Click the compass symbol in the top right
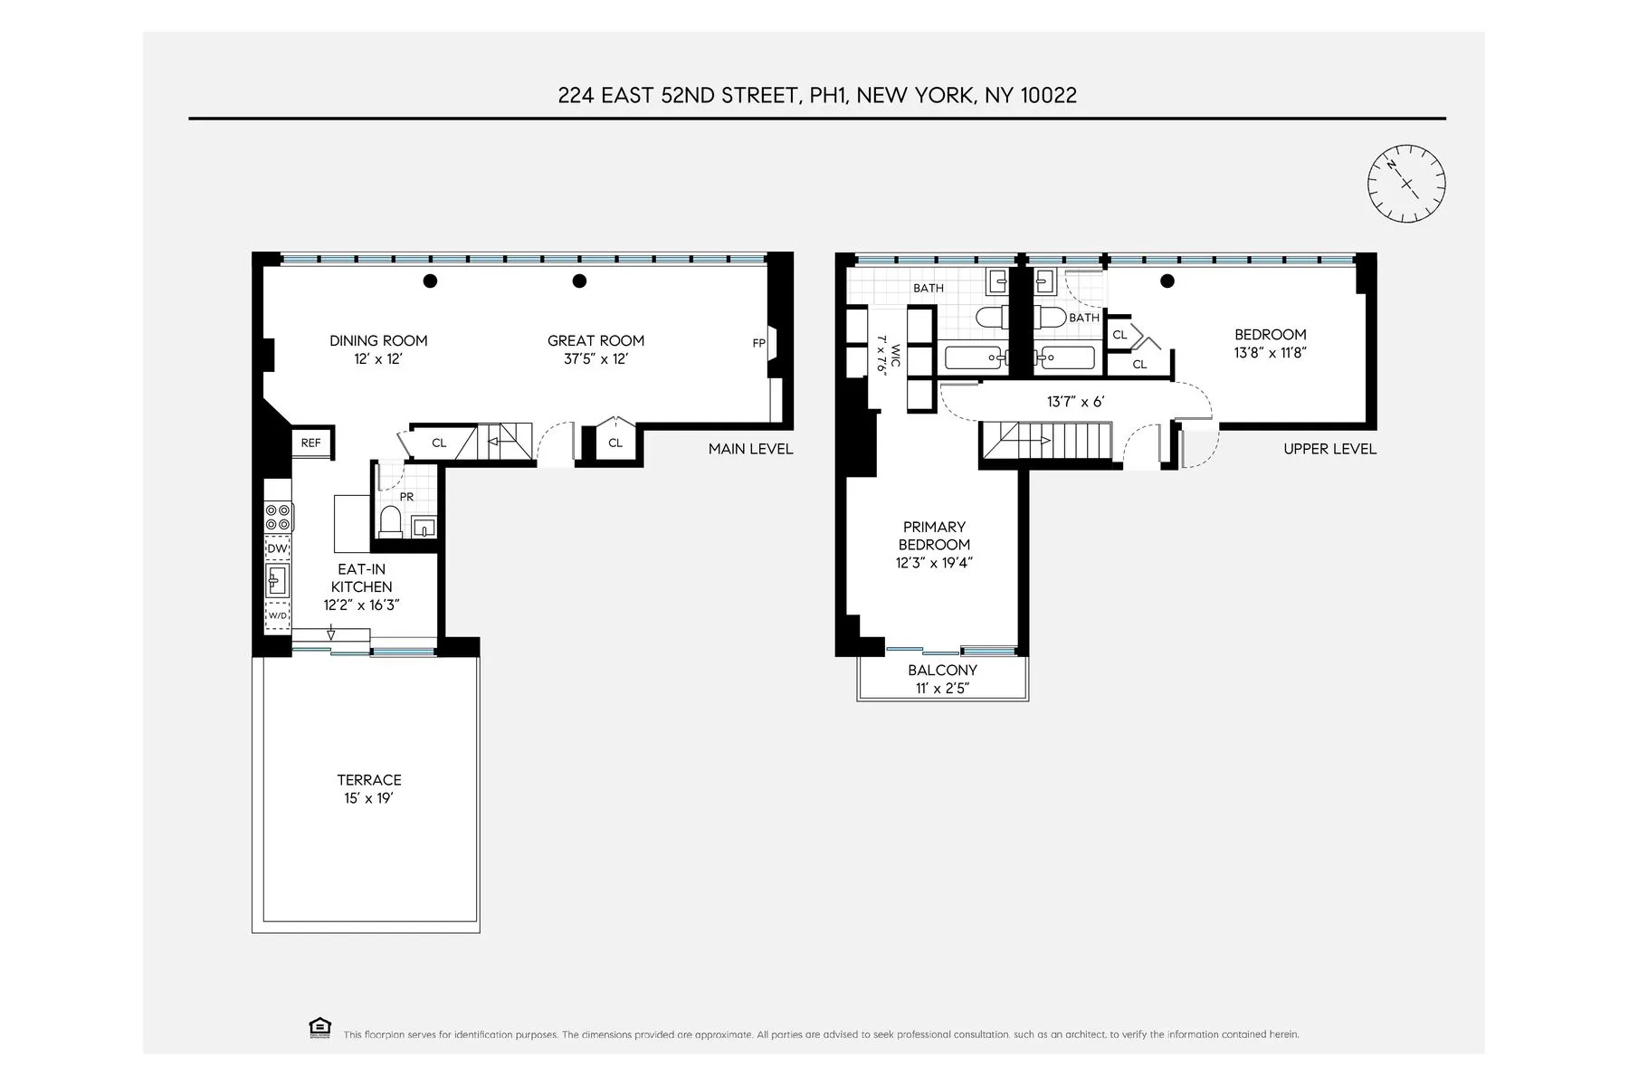[x=1405, y=184]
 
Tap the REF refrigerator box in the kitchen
[x=311, y=443]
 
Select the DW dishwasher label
[x=277, y=549]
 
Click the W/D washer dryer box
[x=277, y=615]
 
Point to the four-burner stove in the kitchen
[x=278, y=517]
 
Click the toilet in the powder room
[x=390, y=522]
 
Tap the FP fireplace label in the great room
[x=758, y=343]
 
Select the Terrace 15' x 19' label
[x=368, y=789]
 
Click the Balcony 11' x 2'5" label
[x=942, y=680]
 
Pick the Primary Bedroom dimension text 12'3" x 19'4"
[x=934, y=563]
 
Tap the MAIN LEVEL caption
[x=750, y=449]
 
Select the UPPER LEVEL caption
[x=1329, y=449]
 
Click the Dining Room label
[x=378, y=341]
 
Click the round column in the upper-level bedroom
[x=1167, y=281]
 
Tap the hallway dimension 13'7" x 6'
[x=1075, y=402]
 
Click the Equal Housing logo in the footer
[x=319, y=1027]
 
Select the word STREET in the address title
[x=757, y=96]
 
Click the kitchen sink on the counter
[x=277, y=580]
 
